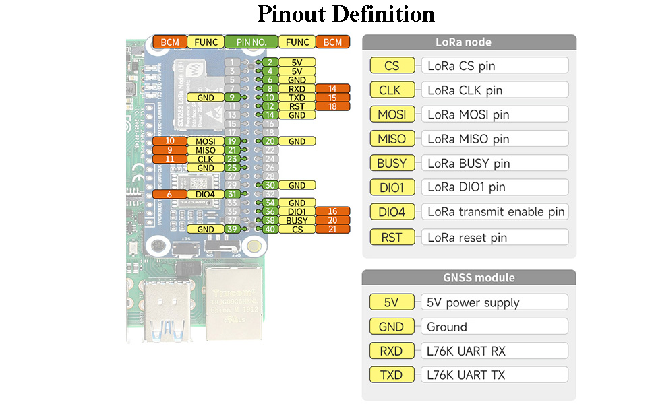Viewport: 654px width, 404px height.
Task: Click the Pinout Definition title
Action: tap(346, 14)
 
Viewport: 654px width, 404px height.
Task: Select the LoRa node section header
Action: tap(469, 42)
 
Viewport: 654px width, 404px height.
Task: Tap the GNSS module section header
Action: tap(469, 277)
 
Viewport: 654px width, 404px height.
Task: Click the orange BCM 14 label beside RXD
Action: tap(332, 89)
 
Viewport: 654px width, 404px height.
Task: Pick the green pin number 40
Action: tap(269, 230)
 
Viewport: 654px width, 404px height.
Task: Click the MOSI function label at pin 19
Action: tap(206, 141)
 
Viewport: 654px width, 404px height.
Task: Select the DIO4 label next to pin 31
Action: tap(206, 194)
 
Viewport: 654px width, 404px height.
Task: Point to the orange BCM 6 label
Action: tap(170, 194)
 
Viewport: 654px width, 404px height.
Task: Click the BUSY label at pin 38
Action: tap(297, 220)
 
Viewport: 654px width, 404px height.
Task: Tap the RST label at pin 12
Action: tap(297, 106)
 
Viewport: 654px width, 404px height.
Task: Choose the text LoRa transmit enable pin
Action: tap(496, 212)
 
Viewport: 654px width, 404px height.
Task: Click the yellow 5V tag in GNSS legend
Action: tap(392, 302)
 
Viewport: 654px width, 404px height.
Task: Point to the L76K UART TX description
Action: tap(466, 375)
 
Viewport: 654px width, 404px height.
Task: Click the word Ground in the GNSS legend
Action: tap(447, 327)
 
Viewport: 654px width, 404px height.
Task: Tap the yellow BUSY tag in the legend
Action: tap(392, 163)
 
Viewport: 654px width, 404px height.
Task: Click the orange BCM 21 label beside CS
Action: tap(332, 230)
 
